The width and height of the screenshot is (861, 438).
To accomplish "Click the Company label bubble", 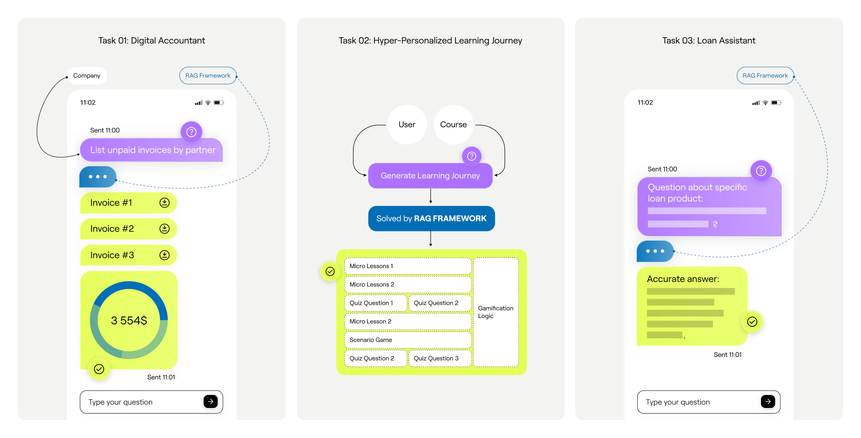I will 87,76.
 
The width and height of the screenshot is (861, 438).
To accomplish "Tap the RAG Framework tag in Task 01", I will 208,76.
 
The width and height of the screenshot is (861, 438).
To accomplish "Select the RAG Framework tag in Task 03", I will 765,76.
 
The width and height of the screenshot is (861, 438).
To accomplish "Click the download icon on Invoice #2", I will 165,229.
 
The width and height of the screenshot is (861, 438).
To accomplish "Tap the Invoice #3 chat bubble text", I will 112,255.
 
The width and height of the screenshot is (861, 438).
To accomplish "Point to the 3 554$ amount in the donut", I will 129,321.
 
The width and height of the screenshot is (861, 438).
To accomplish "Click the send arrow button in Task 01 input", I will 210,402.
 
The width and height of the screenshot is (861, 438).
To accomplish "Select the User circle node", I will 407,125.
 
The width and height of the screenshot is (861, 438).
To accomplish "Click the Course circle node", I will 453,125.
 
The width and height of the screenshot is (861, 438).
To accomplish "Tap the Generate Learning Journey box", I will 430,176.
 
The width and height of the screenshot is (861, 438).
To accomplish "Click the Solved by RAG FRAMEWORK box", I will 431,219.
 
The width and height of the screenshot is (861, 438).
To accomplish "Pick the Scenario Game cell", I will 407,340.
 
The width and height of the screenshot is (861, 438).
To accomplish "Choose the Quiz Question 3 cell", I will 439,358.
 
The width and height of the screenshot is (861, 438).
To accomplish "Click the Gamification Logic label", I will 496,312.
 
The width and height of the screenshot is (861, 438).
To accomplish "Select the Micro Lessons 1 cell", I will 407,266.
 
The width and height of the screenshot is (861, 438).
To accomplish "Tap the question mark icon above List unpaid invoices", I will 191,132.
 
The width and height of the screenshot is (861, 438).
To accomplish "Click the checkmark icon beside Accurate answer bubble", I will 752,322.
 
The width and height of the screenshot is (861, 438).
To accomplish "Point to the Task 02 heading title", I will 430,41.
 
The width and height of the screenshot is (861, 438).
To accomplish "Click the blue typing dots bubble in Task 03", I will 655,251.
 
